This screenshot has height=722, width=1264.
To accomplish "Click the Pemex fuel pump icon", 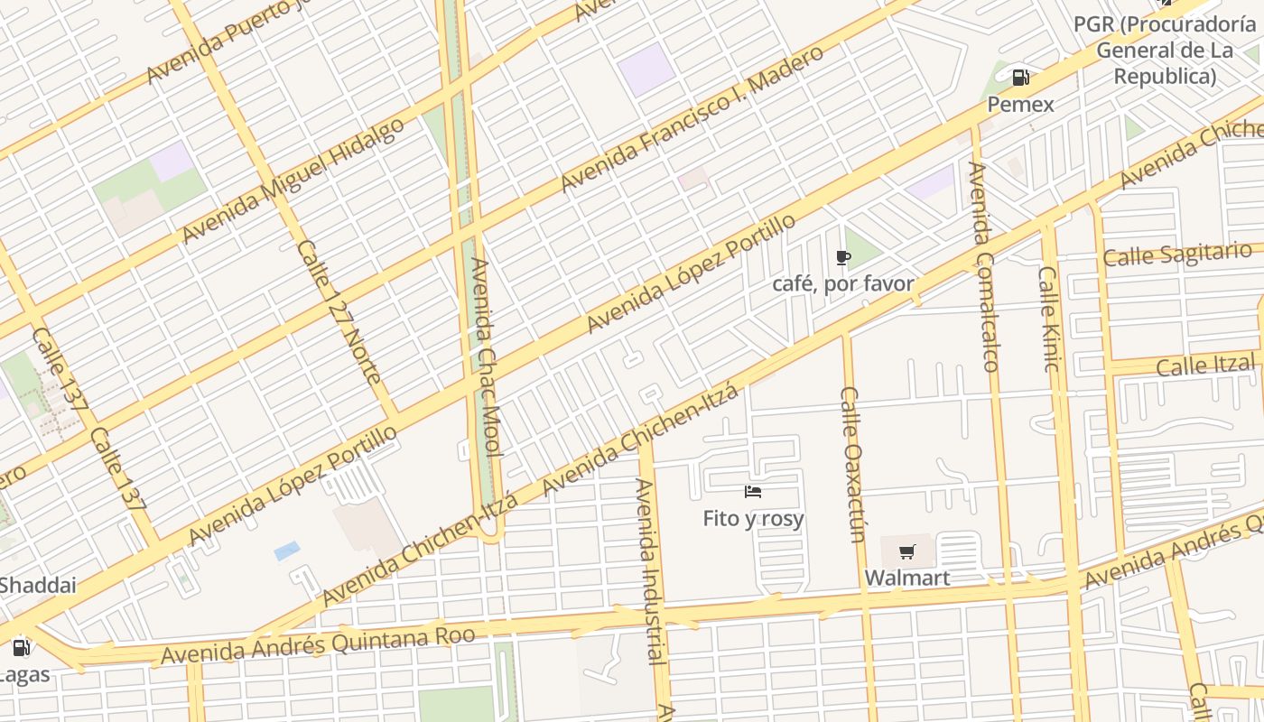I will [1020, 78].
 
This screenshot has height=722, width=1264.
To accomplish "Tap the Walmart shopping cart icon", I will [907, 551].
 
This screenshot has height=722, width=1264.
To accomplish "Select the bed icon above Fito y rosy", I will [753, 492].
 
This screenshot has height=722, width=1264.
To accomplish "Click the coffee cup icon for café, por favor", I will [843, 258].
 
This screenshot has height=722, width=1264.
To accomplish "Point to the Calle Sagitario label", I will [1177, 254].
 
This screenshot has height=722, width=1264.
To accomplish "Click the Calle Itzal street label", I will [1205, 366].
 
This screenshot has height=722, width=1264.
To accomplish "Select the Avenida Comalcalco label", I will [983, 266].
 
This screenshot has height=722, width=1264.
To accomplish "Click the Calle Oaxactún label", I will [851, 464].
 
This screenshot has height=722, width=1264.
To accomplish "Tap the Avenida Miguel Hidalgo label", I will [293, 180].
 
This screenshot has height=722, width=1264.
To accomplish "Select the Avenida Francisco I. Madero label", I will [691, 117].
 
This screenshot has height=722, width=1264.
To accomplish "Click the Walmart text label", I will [907, 578].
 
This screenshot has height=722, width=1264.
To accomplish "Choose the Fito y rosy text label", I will [753, 519].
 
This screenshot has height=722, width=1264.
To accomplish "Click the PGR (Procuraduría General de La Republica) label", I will [1165, 51].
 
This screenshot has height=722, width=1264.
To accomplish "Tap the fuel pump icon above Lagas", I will [21, 647].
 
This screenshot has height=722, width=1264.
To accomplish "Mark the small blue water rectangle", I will [287, 551].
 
